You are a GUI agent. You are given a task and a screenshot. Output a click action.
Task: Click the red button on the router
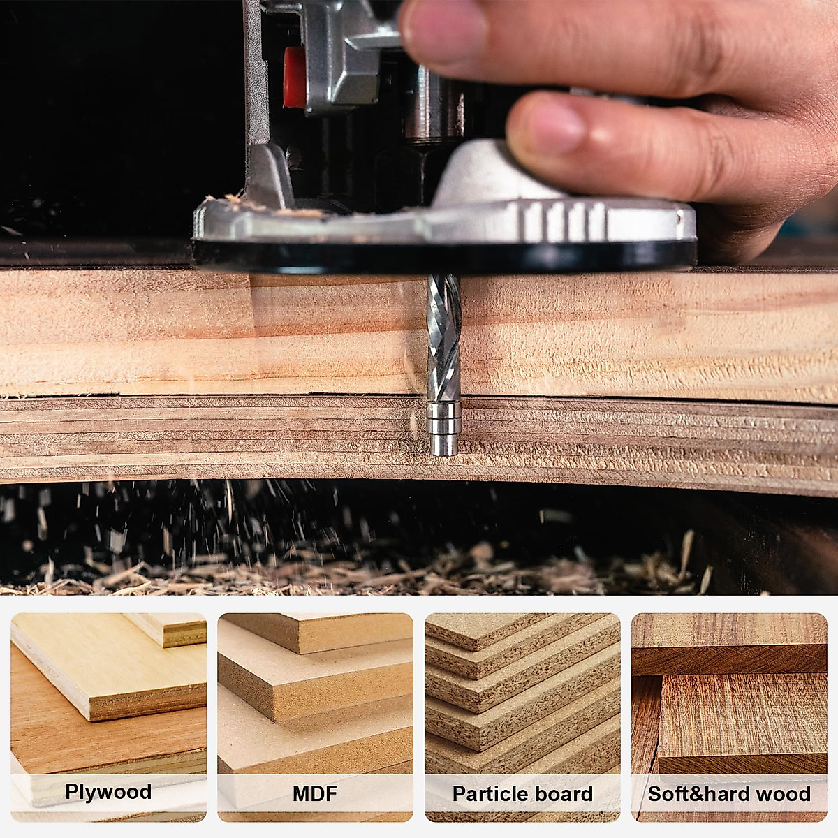pos(294,77)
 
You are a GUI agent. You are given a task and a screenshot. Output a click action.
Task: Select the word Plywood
pos(108,792)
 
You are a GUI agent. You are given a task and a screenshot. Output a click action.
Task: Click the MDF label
pos(315,793)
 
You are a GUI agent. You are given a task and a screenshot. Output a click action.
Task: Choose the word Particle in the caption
pos(487,794)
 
